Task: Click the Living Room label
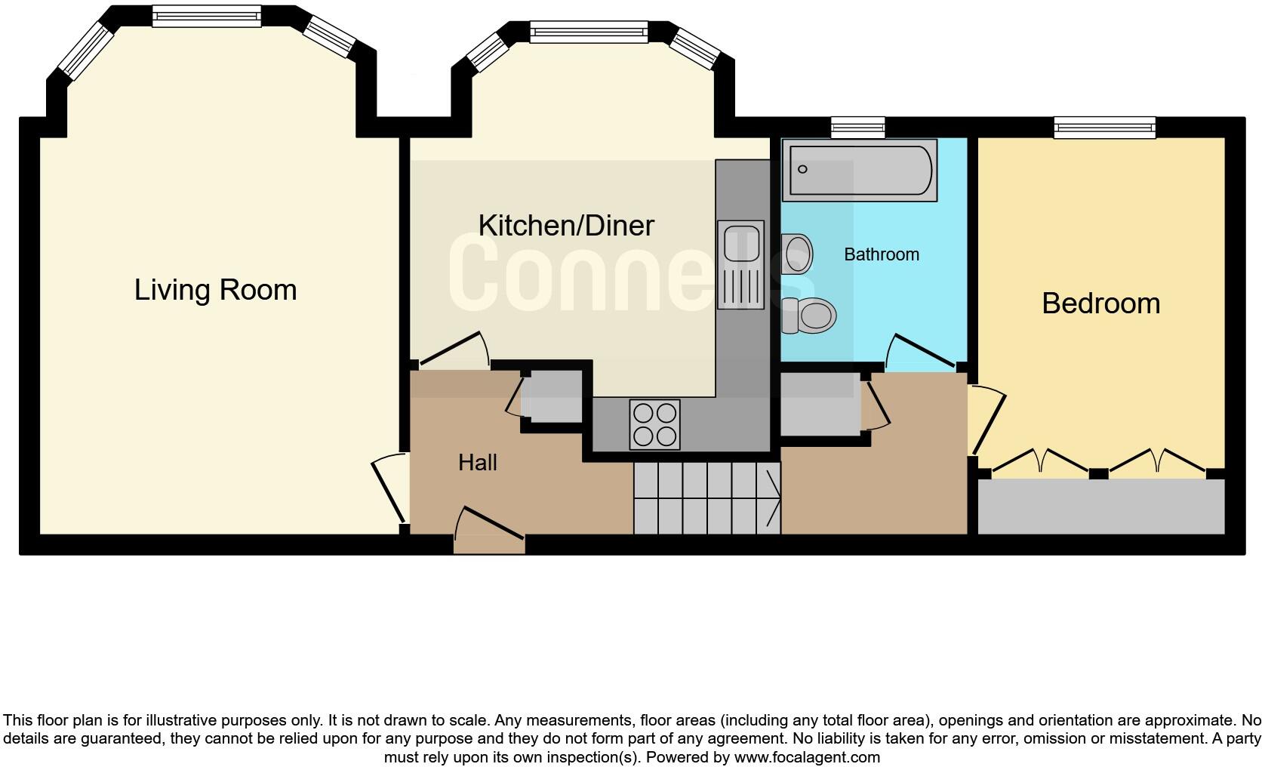pos(215,290)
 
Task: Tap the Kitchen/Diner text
pos(565,226)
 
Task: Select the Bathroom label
pos(881,254)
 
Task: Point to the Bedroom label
pos(1100,303)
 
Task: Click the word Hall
pos(477,463)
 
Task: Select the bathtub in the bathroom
pos(860,170)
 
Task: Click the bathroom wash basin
pos(796,254)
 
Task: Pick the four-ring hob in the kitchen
pos(654,424)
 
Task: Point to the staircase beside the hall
pos(706,498)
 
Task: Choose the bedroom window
pos(1104,128)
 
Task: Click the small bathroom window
pos(857,128)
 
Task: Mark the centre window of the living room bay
pos(206,17)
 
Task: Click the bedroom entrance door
pos(987,420)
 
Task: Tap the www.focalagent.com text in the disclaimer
pos(806,757)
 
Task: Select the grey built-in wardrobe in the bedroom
pos(1100,507)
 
